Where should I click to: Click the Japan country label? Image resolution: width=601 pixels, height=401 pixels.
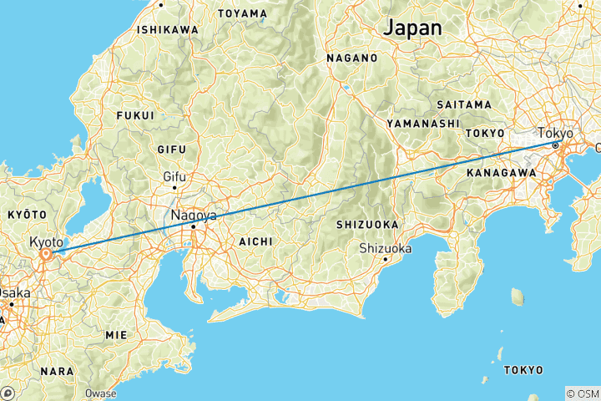[412, 27]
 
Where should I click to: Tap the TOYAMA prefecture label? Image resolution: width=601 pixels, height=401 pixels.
[242, 13]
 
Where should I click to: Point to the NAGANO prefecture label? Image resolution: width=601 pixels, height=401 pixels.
[351, 58]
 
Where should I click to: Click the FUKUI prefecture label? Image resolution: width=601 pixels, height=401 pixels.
[135, 115]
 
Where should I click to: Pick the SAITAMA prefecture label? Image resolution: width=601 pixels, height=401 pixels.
[464, 104]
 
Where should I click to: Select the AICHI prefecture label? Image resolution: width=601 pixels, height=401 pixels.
[255, 241]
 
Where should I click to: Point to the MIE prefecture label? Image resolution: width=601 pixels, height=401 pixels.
[116, 334]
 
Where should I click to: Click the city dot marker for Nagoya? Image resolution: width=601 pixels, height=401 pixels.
[193, 226]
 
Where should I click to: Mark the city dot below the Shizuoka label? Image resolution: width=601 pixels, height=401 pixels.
[385, 258]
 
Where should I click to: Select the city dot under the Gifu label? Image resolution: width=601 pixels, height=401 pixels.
[174, 187]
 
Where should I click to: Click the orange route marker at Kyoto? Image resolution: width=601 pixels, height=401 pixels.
[48, 252]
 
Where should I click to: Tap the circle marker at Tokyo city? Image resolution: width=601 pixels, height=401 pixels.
[555, 145]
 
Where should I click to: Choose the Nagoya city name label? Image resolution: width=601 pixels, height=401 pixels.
[194, 215]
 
